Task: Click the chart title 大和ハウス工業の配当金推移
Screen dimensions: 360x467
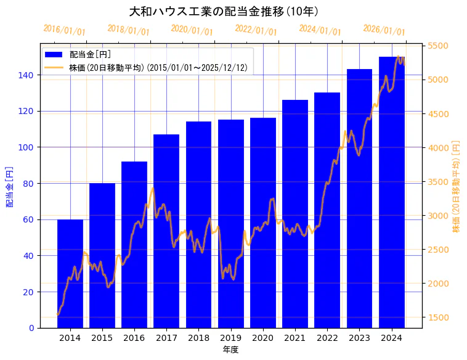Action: pyautogui.click(x=224, y=11)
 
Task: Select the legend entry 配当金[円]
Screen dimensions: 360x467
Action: pyautogui.click(x=90, y=54)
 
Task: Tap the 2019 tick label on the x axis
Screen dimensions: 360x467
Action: pyautogui.click(x=230, y=338)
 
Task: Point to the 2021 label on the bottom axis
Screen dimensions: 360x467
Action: pyautogui.click(x=295, y=338)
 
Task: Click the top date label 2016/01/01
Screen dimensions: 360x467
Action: pyautogui.click(x=65, y=30)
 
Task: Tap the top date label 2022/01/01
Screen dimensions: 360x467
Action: pyautogui.click(x=256, y=30)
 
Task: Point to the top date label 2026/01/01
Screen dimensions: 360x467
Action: pyautogui.click(x=384, y=30)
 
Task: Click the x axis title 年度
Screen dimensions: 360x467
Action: pyautogui.click(x=230, y=350)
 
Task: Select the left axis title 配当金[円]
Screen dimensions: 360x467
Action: pyautogui.click(x=10, y=186)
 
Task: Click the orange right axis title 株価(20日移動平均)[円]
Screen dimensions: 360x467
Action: pyautogui.click(x=456, y=186)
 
